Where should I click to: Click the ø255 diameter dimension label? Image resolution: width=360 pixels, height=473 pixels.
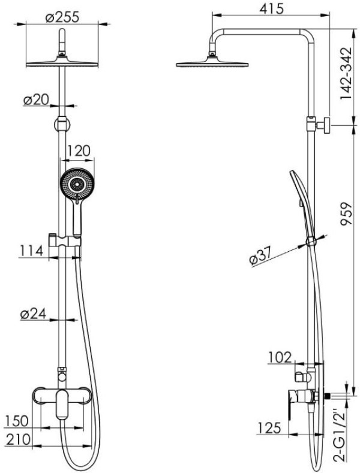pos(62,17)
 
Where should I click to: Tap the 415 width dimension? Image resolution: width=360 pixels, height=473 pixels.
pos(272,8)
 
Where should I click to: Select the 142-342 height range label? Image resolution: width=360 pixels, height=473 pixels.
pos(346,73)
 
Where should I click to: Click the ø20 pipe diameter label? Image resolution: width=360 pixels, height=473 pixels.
pos(36,100)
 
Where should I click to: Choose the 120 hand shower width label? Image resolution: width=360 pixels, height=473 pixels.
pos(78,150)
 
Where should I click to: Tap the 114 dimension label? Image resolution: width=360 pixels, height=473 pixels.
pos(32,251)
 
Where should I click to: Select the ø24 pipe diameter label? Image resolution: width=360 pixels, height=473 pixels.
pos(33,314)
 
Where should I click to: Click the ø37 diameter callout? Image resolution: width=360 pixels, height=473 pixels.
pos(261,256)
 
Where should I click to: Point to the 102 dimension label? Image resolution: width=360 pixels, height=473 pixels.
pos(280,357)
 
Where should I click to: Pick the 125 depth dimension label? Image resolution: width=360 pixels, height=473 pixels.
pos(269,428)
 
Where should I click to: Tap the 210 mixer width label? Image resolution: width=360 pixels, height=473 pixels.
pos(19,439)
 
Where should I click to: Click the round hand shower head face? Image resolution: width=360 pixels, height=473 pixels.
pos(77,183)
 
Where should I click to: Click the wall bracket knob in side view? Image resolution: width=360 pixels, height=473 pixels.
pos(326,125)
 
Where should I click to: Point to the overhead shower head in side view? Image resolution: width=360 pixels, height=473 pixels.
pos(212,62)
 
